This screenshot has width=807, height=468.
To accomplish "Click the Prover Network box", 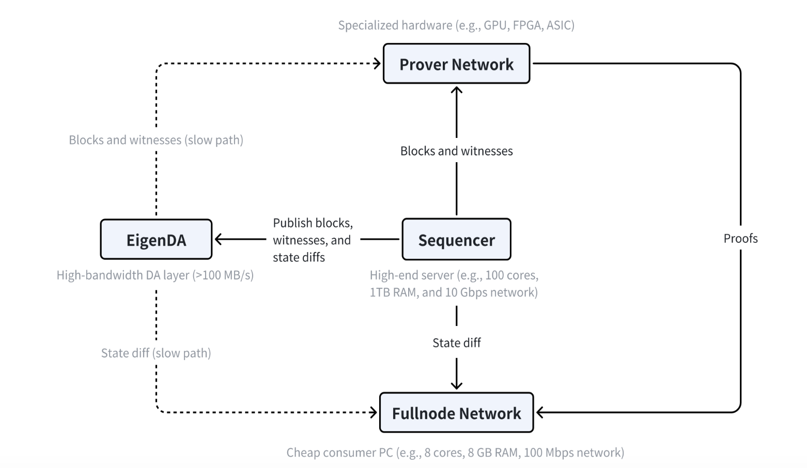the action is coord(457,64).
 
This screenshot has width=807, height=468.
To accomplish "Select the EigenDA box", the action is coord(156,239).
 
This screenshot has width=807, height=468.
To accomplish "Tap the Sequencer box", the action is coord(457,239).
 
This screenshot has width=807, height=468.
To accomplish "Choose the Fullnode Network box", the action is coord(457,413).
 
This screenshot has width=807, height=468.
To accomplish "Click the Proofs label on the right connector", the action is coord(740,238).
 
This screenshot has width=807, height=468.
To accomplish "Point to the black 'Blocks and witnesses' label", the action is coord(457,151).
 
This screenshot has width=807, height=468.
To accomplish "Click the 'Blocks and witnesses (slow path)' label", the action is coord(156,140).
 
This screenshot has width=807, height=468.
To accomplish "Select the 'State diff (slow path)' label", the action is coord(156,353).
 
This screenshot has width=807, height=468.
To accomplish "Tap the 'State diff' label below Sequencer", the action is coord(457,342).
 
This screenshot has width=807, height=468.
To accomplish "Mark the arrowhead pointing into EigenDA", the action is coord(218,239).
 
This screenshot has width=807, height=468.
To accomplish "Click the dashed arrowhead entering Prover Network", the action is coord(377,64).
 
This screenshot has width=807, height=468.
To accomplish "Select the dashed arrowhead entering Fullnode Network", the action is coord(374,413).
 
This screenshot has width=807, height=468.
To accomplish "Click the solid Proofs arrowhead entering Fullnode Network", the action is coord(540,413).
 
